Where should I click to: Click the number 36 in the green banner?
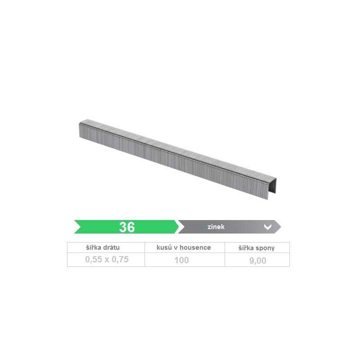(127, 227)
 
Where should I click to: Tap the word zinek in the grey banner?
(216, 227)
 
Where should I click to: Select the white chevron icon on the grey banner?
(268, 227)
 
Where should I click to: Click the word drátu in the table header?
(111, 247)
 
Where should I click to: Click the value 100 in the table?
(181, 260)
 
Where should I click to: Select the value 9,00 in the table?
(257, 261)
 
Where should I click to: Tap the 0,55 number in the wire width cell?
(94, 260)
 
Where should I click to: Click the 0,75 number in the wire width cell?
(120, 260)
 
